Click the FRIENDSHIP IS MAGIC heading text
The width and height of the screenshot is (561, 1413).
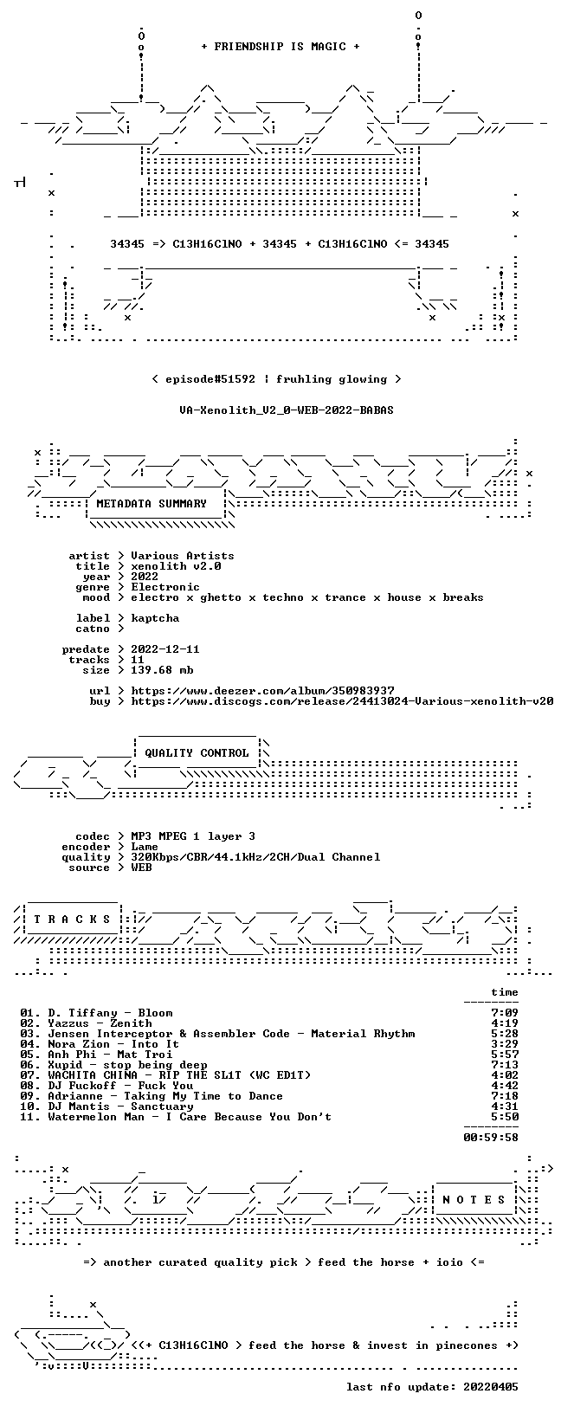click(280, 47)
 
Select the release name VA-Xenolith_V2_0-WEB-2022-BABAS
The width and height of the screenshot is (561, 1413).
click(287, 410)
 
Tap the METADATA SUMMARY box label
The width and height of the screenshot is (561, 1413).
click(152, 503)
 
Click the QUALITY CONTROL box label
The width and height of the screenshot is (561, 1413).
click(197, 752)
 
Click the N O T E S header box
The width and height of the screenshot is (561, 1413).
click(474, 1199)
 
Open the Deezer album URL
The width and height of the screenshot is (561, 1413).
click(262, 691)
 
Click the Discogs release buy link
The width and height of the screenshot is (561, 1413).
click(342, 700)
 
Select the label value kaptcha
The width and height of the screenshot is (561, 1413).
click(155, 618)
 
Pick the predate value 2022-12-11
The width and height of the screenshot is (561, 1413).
click(165, 649)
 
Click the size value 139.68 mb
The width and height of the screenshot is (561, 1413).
click(162, 670)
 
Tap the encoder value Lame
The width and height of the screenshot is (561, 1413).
click(145, 847)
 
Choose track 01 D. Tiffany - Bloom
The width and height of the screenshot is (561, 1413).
click(96, 1013)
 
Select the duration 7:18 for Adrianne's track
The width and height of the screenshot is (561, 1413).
click(505, 1096)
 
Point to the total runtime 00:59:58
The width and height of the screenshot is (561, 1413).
click(491, 1138)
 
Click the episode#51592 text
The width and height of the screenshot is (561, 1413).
click(210, 379)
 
